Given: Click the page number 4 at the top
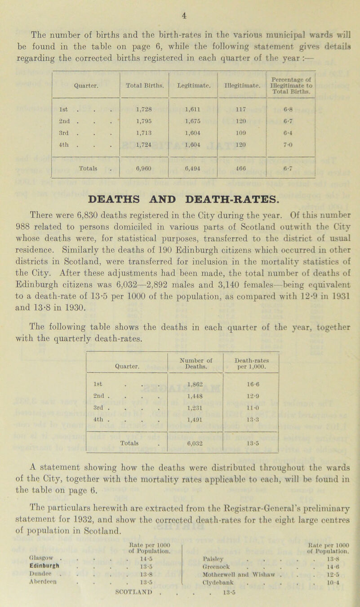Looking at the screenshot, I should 180,6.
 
